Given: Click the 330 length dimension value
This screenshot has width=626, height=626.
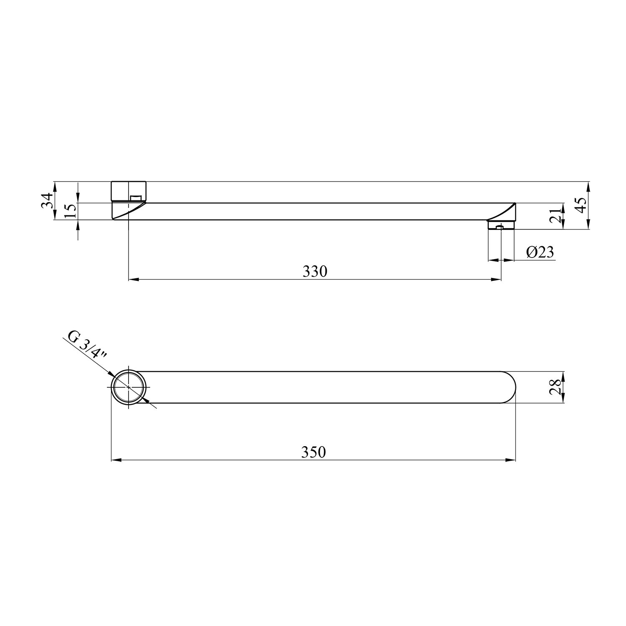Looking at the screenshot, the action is point(315,272).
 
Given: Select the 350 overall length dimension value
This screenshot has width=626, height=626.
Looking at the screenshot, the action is point(313,452).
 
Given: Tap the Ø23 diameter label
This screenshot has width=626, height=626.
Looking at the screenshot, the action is point(540,252).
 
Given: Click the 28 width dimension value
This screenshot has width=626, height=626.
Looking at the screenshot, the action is point(555,387).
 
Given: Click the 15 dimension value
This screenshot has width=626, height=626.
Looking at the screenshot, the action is point(71,211).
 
